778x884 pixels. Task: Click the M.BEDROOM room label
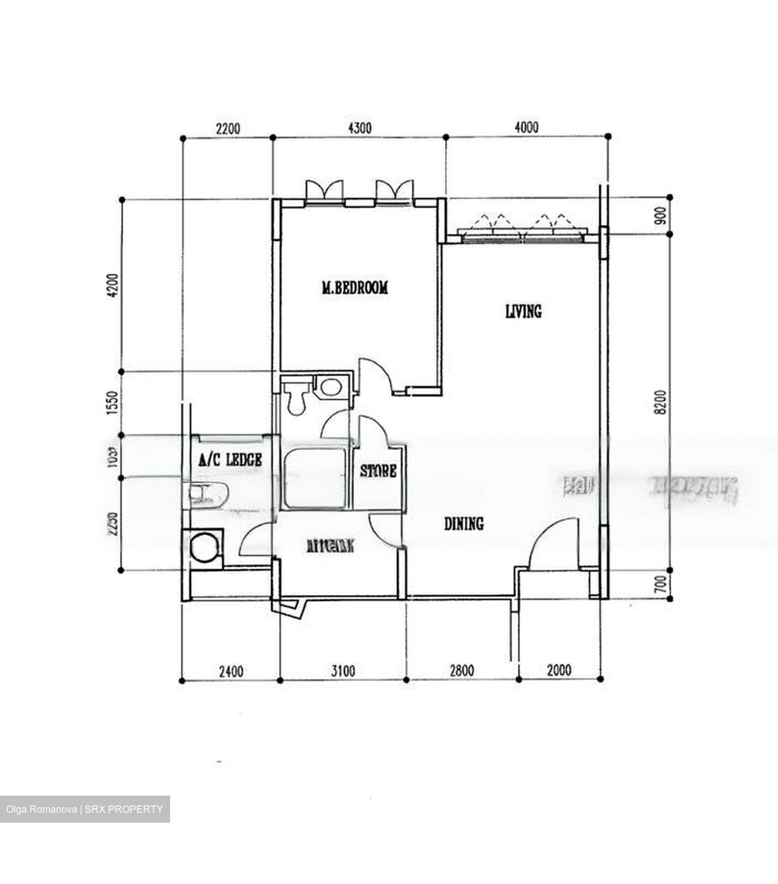[355, 287]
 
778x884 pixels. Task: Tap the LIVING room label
[523, 311]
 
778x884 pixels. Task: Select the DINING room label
[464, 524]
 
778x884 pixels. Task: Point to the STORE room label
[378, 471]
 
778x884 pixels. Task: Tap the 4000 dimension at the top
[527, 128]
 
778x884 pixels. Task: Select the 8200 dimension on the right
[660, 403]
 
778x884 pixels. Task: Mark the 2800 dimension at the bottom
[460, 670]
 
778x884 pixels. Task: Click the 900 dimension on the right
[661, 216]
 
